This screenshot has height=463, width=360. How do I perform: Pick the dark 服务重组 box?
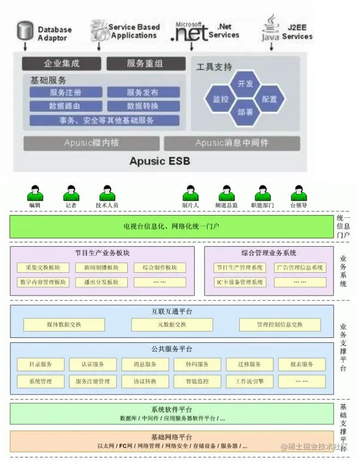click(x=145, y=64)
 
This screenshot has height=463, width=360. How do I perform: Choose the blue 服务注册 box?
click(x=66, y=92)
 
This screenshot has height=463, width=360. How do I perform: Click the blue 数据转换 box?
click(x=144, y=106)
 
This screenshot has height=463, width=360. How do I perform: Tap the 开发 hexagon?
click(x=245, y=84)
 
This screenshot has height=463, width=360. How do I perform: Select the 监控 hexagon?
click(x=221, y=99)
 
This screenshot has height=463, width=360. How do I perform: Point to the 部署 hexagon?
click(x=245, y=112)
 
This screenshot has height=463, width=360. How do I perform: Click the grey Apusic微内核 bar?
click(x=91, y=143)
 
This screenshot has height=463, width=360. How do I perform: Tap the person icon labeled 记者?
click(x=71, y=193)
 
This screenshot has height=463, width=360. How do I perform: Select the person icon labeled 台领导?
click(x=299, y=193)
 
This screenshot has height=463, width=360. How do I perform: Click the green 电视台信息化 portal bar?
click(x=171, y=227)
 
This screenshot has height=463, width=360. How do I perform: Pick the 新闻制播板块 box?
click(x=102, y=267)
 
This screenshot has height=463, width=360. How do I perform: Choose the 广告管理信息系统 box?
click(x=300, y=267)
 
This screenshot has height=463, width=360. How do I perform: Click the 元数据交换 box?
click(x=171, y=324)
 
